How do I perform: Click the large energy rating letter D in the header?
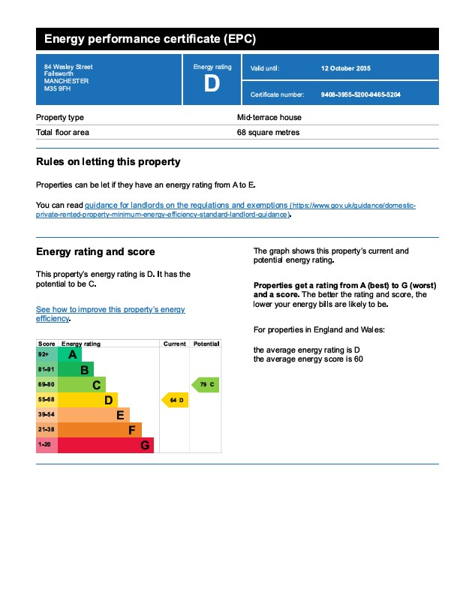212,84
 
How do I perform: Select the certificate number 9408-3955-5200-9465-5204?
360,95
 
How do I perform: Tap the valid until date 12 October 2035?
345,68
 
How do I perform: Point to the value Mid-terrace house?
269,118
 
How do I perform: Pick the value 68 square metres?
268,133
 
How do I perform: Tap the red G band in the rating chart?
105,446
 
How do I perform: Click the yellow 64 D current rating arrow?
175,401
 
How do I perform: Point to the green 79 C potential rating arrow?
206,385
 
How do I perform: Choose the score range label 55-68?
46,401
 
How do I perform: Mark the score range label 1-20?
46,446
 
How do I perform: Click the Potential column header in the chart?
206,344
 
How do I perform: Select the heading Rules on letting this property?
108,162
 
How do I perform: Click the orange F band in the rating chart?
99,430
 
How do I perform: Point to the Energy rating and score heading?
95,252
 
